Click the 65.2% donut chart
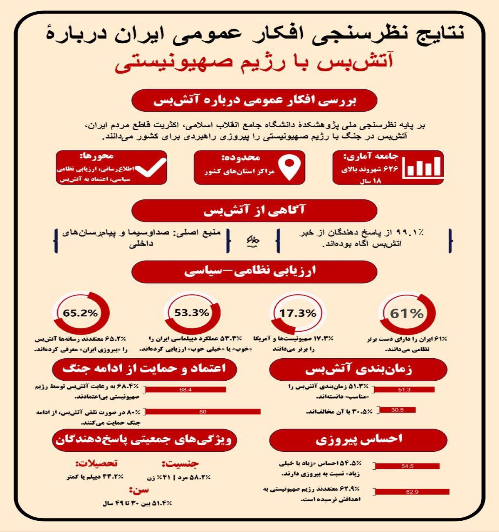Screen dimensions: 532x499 (x=81, y=313)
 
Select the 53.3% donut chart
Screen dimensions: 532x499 (x=192, y=313)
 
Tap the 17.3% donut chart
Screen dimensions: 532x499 (x=298, y=314)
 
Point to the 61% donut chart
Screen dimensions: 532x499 (x=407, y=314)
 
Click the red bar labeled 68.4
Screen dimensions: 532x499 (x=185, y=390)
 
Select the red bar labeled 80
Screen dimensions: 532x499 (x=203, y=412)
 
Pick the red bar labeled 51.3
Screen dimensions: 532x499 (x=404, y=390)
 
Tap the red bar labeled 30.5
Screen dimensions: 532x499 (x=397, y=410)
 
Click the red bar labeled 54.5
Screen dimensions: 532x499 (x=407, y=466)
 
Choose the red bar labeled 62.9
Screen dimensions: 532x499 (x=412, y=492)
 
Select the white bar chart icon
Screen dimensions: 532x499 (x=423, y=167)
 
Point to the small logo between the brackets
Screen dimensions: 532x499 (x=252, y=241)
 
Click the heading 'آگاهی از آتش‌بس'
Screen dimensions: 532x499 (x=254, y=210)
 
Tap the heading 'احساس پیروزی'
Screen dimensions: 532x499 (x=358, y=439)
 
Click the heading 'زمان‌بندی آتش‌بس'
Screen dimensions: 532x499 (x=358, y=369)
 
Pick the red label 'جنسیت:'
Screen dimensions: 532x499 (x=180, y=463)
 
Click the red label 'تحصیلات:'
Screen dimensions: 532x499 (x=96, y=463)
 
